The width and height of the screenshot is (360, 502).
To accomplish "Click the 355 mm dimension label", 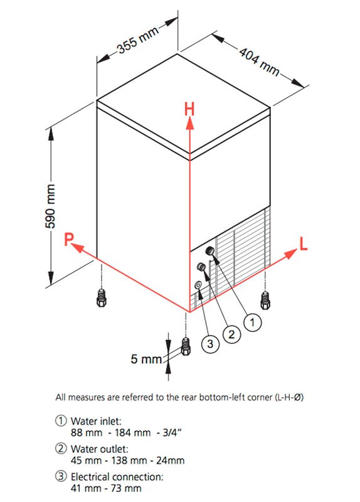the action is pyautogui.click(x=138, y=40).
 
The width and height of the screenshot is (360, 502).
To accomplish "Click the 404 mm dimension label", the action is pyautogui.click(x=260, y=61).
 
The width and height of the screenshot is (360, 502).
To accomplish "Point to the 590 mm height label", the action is pyautogui.click(x=50, y=206).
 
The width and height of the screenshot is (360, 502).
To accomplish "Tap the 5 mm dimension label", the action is pyautogui.click(x=146, y=359).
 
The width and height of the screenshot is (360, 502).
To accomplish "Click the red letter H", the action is pyautogui.click(x=189, y=109).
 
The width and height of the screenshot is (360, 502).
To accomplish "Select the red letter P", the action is pyautogui.click(x=69, y=239).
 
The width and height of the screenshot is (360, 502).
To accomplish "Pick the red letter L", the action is pyautogui.click(x=304, y=243).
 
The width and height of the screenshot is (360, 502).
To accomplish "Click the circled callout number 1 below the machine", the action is pyautogui.click(x=253, y=323).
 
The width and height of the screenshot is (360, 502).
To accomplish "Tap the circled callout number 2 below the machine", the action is pyautogui.click(x=231, y=334).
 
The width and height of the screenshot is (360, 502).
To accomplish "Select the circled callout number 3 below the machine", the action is pyautogui.click(x=210, y=344).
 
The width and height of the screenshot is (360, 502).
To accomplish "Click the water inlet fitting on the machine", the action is pyautogui.click(x=210, y=250).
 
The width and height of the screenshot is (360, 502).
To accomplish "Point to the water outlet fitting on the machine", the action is pyautogui.click(x=201, y=267).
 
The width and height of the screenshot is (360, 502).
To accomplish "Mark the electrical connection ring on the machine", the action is pyautogui.click(x=198, y=285).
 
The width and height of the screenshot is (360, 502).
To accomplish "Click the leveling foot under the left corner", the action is pyautogui.click(x=101, y=297).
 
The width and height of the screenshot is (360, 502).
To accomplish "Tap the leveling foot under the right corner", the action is pyautogui.click(x=265, y=300).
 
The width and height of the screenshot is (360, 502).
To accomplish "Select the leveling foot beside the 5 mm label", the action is pyautogui.click(x=186, y=346).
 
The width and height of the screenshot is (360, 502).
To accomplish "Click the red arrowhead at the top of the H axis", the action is pyautogui.click(x=190, y=123).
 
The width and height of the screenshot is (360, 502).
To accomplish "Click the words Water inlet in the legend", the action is pyautogui.click(x=96, y=421).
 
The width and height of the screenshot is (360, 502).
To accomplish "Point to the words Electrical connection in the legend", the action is pyautogui.click(x=117, y=477).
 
